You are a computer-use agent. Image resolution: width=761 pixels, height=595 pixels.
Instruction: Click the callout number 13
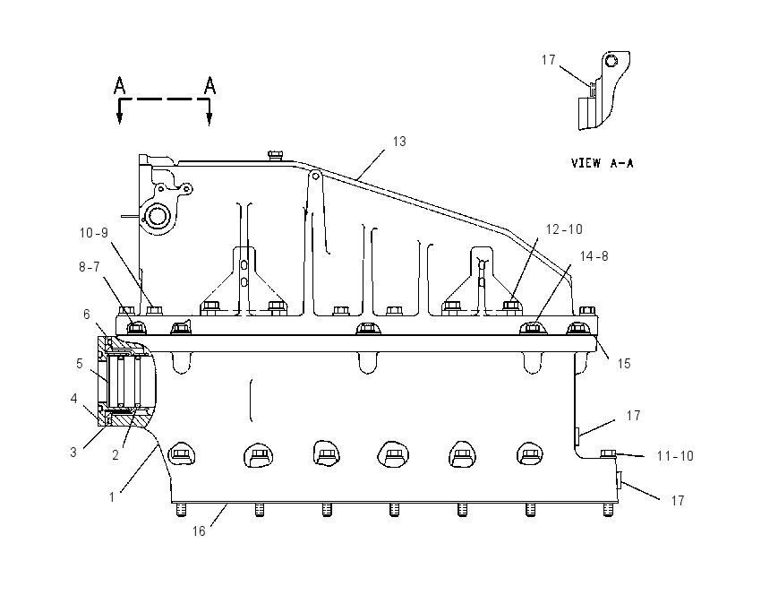399,142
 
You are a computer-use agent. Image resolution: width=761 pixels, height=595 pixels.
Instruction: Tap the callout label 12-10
564,229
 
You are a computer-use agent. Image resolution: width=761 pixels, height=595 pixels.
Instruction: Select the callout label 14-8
594,256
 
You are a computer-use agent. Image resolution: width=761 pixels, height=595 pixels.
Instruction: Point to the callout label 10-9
94,233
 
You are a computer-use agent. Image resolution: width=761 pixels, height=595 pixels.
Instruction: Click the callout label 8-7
90,267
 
